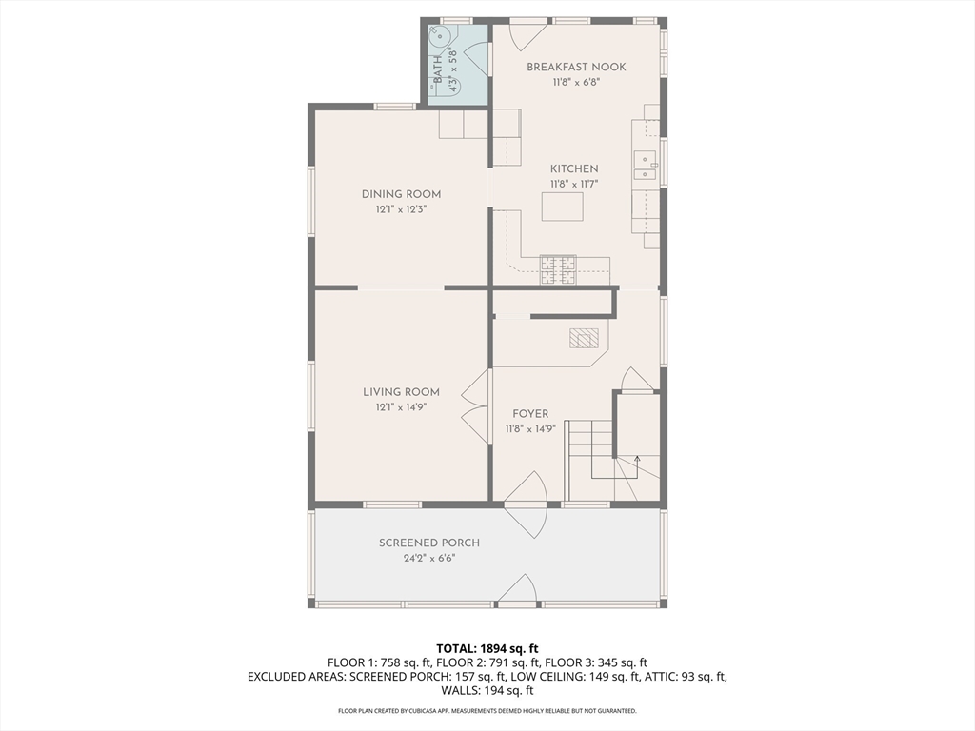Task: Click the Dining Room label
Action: click(401, 194)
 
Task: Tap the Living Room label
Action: click(401, 392)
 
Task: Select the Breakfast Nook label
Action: click(576, 68)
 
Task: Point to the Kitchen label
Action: click(574, 168)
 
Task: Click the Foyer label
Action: click(530, 414)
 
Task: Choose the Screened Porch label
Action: click(429, 543)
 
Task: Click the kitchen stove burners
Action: click(558, 270)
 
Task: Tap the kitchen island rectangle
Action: click(562, 207)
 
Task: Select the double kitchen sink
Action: click(647, 166)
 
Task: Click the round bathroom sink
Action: click(440, 37)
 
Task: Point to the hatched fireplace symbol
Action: click(584, 338)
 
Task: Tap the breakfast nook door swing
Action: click(527, 36)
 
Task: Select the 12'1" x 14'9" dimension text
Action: click(401, 407)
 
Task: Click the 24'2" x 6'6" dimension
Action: click(429, 558)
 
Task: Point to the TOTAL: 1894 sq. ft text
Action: click(487, 649)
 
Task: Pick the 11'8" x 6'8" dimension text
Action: click(576, 82)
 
